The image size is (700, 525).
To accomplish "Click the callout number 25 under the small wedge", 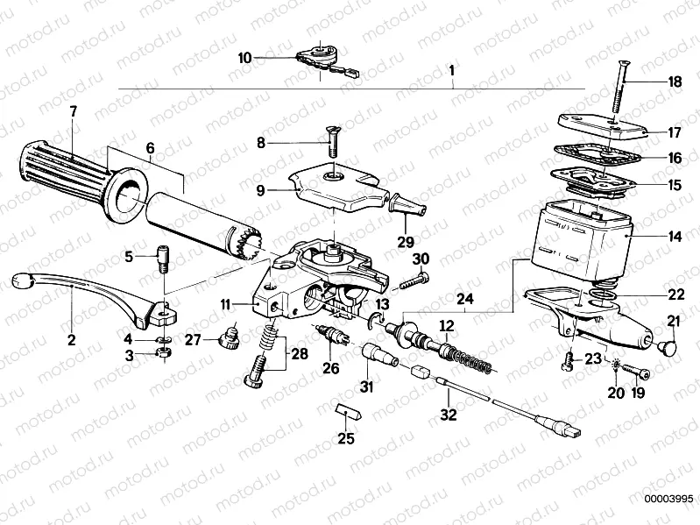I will (x=347, y=437).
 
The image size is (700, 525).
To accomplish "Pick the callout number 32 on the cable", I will (x=449, y=415).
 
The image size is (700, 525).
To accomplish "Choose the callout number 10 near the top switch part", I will (x=244, y=58).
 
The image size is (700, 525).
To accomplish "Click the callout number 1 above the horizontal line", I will (x=451, y=70).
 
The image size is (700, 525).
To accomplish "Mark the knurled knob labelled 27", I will (x=232, y=335).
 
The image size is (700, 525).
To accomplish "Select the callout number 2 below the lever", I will (x=72, y=337).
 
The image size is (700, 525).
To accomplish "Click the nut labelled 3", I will (x=161, y=353).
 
